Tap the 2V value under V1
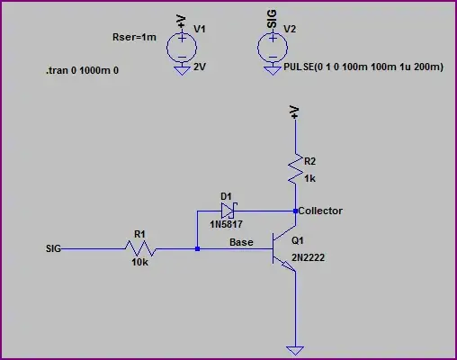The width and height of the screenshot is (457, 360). click(x=200, y=66)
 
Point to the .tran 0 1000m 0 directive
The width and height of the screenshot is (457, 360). click(x=82, y=70)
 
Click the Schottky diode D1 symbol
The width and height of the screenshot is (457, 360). click(x=228, y=211)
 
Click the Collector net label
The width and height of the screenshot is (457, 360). click(x=320, y=211)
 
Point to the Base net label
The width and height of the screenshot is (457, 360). click(x=241, y=242)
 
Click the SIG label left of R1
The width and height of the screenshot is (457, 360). click(x=53, y=249)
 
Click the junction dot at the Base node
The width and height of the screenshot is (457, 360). click(x=197, y=249)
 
